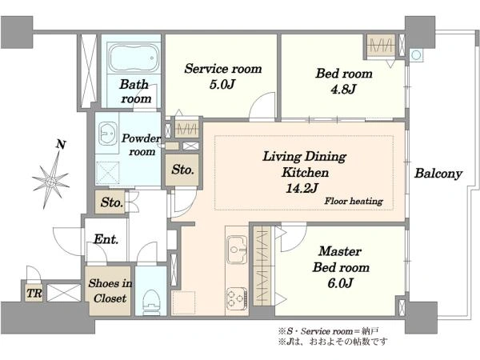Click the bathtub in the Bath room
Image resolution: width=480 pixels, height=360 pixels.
(134, 58)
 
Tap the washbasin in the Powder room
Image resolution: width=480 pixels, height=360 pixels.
(108, 134)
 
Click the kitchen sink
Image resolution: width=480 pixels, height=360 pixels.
(237, 249)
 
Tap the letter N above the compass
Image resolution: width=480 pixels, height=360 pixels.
(62, 144)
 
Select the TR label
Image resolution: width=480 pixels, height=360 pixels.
(34, 294)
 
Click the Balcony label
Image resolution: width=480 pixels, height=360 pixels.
(438, 174)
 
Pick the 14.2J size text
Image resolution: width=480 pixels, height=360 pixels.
(302, 188)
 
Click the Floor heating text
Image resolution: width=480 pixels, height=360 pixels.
(354, 201)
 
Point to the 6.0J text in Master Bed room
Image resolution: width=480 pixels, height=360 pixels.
(341, 283)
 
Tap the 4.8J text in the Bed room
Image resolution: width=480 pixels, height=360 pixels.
(343, 89)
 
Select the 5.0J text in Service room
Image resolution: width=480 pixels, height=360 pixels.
(222, 85)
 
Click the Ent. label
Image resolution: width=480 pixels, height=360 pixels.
(106, 239)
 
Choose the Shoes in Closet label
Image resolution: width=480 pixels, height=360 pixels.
(110, 291)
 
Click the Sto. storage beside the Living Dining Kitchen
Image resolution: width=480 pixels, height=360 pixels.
(182, 170)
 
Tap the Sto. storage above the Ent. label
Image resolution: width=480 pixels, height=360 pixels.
(110, 202)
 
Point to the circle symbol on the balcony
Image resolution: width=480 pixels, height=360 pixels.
(416, 55)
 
